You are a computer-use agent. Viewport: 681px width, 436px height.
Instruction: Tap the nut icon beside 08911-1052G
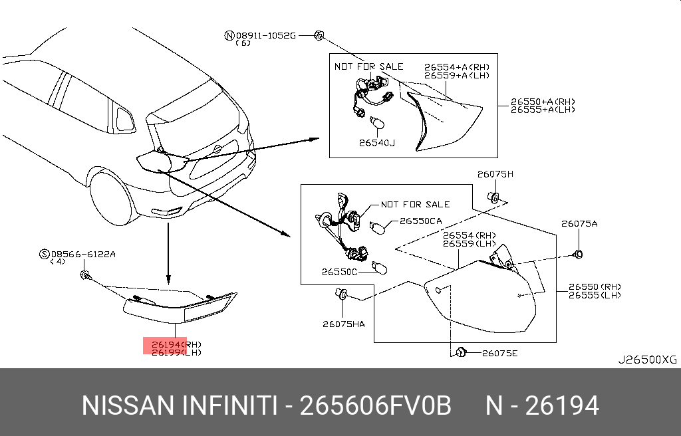pos(318,35)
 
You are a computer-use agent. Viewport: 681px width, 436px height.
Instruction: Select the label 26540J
pos(377,142)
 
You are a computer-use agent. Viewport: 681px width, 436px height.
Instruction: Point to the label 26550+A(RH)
pos(543,102)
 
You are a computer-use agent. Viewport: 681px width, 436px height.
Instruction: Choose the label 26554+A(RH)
pos(458,67)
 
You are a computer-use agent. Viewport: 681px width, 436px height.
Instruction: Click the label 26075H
pos(495,174)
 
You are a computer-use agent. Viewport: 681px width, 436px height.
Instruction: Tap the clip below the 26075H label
pos(494,197)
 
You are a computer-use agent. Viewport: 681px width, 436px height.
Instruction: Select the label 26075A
pos(579,224)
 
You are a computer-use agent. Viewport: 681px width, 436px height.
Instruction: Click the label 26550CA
pos(420,221)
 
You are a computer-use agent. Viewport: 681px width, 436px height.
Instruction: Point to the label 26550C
pos(340,271)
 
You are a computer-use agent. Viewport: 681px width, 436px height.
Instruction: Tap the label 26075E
pos(499,353)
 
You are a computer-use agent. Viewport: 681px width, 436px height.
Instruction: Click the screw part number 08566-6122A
pos(83,254)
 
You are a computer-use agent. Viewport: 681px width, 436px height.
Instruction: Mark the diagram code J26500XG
pos(647,360)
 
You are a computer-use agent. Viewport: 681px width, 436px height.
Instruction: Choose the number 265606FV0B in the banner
pos(376,405)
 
